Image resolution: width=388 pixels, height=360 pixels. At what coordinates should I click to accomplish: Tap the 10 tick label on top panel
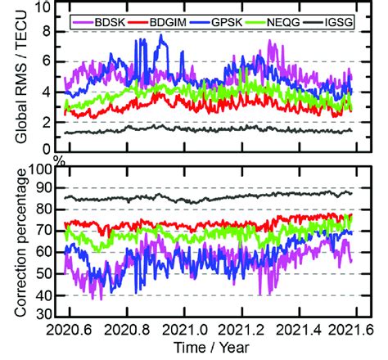(x=44, y=8)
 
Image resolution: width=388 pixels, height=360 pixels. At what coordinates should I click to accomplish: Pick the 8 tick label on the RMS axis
(x=48, y=31)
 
